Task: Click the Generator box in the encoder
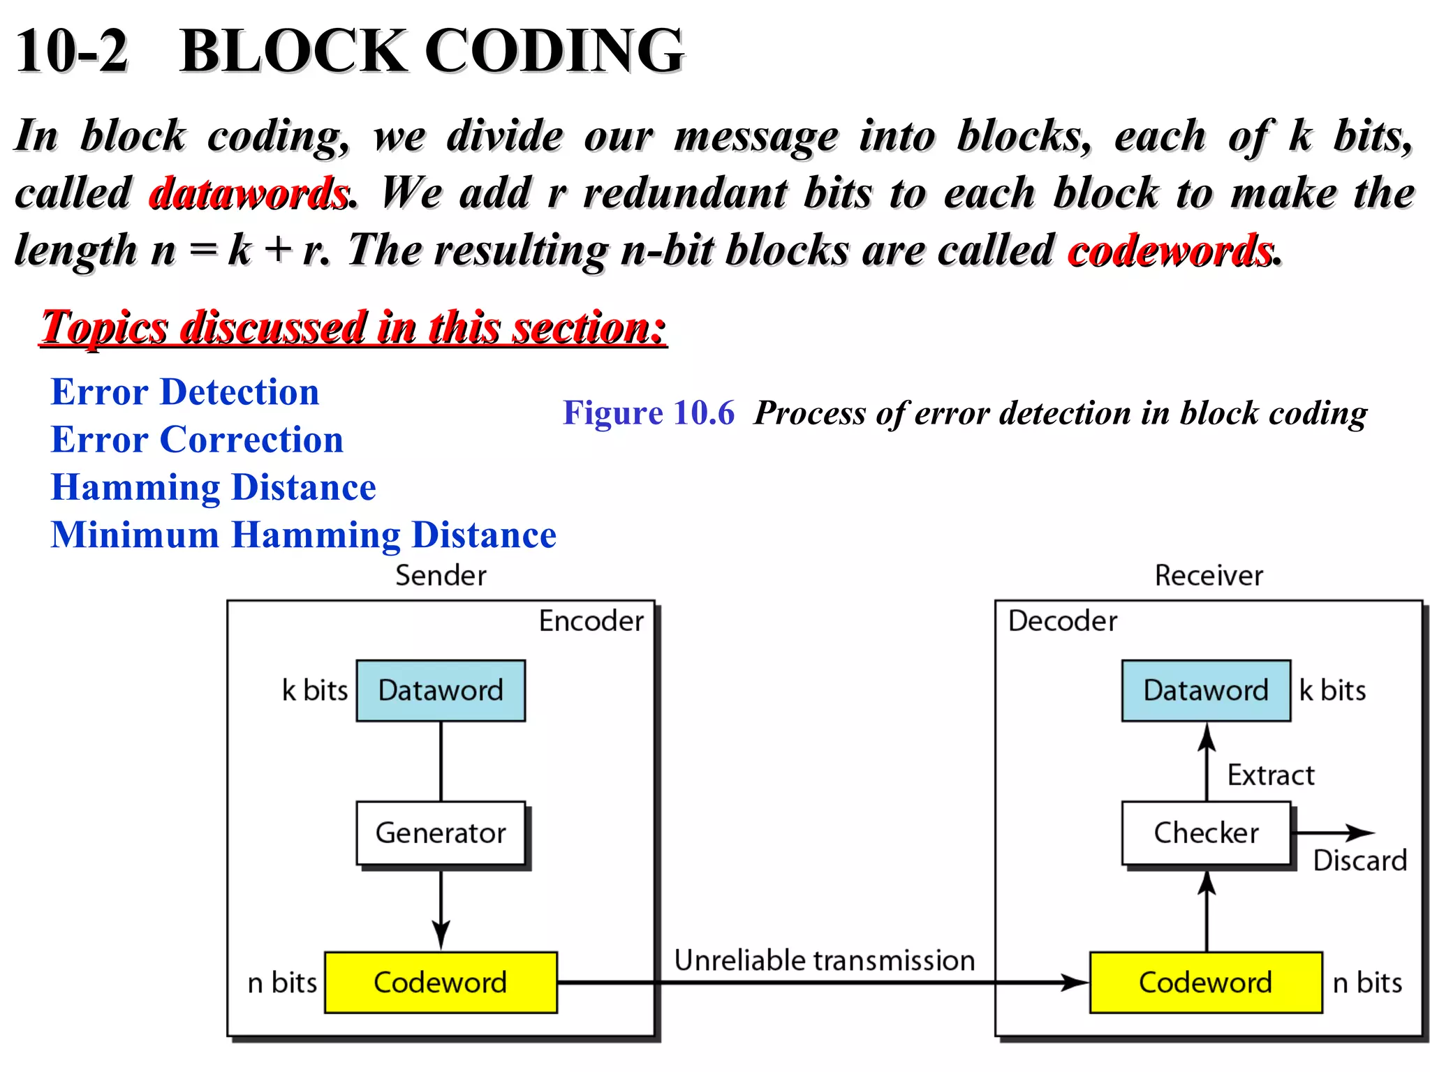point(441,833)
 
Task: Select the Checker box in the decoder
point(1206,833)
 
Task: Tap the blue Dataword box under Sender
point(441,690)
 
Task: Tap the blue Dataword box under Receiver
point(1206,690)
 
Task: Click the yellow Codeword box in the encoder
point(441,982)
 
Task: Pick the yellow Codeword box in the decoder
point(1206,982)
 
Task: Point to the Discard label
point(1359,861)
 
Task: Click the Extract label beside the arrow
point(1271,775)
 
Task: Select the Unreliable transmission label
point(824,960)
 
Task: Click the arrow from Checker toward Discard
point(1334,833)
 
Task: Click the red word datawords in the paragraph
point(249,193)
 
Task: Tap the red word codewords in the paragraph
point(1170,251)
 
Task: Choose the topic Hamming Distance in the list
point(214,487)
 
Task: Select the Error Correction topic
point(197,440)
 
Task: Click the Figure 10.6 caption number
point(649,412)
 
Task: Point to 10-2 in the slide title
point(72,50)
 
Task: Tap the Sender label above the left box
point(441,576)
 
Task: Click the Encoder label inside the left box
point(591,620)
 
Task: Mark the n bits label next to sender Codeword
point(282,983)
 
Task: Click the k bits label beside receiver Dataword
point(1332,690)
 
